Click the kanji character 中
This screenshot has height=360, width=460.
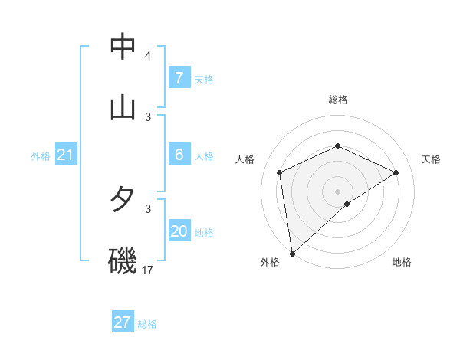click(x=123, y=47)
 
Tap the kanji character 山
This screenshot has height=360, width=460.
click(x=123, y=106)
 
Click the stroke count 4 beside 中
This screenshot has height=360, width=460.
click(x=148, y=56)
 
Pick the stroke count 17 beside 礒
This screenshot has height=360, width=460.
click(x=148, y=270)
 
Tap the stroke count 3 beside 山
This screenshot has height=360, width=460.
click(x=148, y=116)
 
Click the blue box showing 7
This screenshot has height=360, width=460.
click(x=179, y=78)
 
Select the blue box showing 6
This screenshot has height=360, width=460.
click(x=179, y=155)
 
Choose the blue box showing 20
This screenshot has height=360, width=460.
click(x=179, y=231)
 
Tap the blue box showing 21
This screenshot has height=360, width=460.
click(x=66, y=155)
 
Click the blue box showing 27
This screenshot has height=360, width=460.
click(x=123, y=322)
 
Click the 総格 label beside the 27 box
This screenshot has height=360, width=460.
click(x=147, y=324)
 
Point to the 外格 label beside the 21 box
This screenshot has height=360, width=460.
click(x=41, y=156)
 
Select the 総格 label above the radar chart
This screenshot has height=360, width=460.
click(x=337, y=100)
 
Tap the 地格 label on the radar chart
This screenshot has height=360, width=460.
click(x=402, y=262)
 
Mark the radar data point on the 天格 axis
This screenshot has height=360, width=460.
click(x=396, y=172)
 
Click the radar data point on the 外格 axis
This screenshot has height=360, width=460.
click(x=292, y=253)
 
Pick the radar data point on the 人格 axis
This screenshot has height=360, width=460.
click(x=280, y=172)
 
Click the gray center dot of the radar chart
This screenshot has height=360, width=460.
click(x=337, y=191)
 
